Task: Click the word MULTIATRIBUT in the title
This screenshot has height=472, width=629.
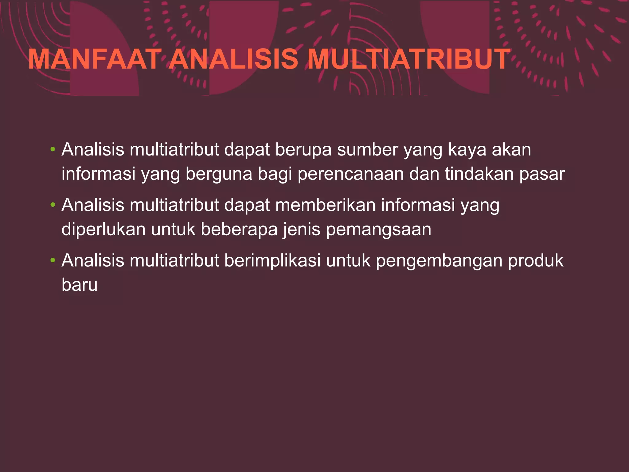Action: [409, 59]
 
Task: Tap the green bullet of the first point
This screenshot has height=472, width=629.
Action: [53, 150]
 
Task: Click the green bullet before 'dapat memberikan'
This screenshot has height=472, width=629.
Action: [53, 205]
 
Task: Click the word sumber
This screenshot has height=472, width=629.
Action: [367, 150]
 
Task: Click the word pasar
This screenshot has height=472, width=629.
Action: [542, 174]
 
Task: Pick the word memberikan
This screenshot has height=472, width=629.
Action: [326, 205]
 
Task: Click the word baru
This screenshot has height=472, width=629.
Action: [80, 285]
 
